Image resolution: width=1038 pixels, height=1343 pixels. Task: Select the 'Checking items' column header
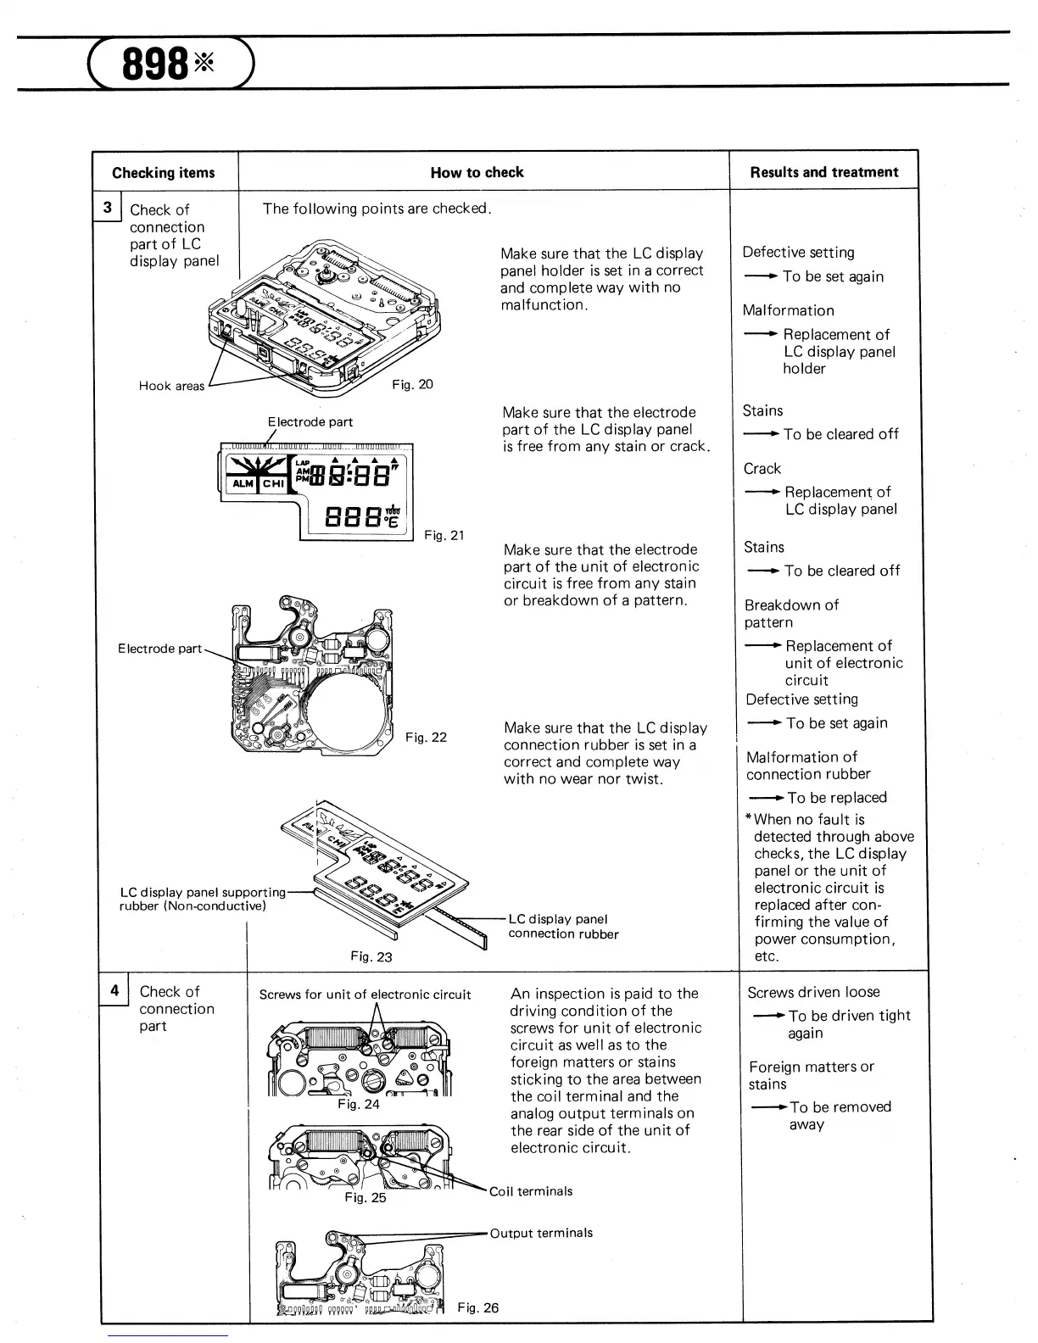(x=164, y=173)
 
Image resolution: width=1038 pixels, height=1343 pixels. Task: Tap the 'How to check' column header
(x=477, y=173)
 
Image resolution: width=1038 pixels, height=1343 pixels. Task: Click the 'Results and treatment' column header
(x=823, y=172)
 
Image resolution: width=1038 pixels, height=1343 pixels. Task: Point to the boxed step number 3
(x=108, y=208)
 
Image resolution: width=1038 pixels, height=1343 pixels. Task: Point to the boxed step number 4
(x=114, y=989)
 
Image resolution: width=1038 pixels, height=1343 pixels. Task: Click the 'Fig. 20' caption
(x=412, y=384)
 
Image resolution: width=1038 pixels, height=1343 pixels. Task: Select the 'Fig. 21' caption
(x=444, y=535)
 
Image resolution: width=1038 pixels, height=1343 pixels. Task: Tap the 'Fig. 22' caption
(x=426, y=737)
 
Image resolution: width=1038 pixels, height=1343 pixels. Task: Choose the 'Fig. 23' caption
(x=371, y=956)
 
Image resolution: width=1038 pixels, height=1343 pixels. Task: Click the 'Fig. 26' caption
(x=478, y=1307)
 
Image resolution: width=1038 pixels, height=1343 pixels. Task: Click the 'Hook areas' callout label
(x=171, y=386)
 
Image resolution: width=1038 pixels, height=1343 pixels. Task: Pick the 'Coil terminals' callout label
(x=531, y=1191)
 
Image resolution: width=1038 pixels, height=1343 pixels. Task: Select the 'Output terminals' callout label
(x=541, y=1233)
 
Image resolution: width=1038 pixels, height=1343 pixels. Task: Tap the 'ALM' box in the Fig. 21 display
(x=243, y=483)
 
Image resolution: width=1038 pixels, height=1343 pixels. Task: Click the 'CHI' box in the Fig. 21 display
(x=274, y=483)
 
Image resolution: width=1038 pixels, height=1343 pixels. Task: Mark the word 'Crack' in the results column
(x=762, y=469)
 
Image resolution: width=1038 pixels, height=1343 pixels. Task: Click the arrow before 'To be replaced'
(x=767, y=798)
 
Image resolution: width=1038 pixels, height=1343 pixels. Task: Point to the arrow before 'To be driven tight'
(x=768, y=1016)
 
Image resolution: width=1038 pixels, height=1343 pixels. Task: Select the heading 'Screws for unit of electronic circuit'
(x=365, y=995)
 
